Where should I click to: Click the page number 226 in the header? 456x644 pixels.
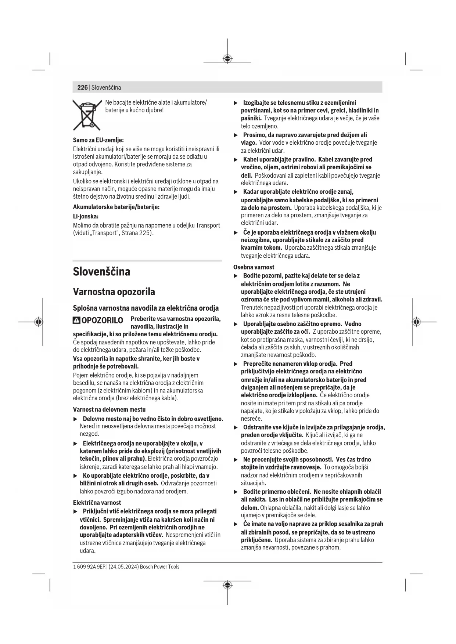[x=82, y=87]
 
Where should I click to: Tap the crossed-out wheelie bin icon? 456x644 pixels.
[x=87, y=115]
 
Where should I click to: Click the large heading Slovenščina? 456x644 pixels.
[x=101, y=272]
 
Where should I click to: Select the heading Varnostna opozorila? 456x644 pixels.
[x=114, y=292]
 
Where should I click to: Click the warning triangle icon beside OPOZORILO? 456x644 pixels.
[x=76, y=321]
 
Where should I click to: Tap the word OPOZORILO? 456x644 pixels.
[x=102, y=321]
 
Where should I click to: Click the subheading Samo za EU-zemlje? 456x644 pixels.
[x=98, y=140]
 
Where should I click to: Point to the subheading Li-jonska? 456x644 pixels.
[x=86, y=217]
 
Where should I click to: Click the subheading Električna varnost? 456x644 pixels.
[x=97, y=503]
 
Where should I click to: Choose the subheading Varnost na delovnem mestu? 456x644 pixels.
[x=109, y=409]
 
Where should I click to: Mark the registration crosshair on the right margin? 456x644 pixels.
[x=416, y=322]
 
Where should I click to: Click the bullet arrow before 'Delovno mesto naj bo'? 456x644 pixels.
[x=76, y=419]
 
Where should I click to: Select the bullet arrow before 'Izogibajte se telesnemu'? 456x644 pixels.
[x=236, y=103]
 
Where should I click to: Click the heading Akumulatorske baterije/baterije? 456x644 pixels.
[x=116, y=207]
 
